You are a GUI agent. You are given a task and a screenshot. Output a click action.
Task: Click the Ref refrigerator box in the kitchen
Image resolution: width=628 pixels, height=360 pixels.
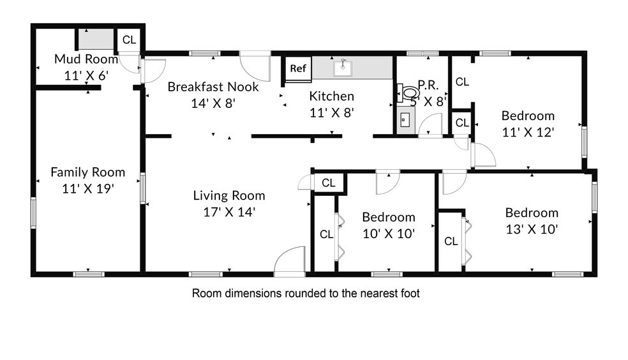pos(298,68)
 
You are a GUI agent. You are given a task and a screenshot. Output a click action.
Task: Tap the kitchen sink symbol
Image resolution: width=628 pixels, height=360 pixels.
pos(343,68)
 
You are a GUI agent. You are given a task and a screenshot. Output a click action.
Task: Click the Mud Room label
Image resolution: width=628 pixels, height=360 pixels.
pos(86,59)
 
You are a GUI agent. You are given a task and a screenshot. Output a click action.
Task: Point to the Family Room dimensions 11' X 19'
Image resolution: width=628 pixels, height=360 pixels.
pos(88,188)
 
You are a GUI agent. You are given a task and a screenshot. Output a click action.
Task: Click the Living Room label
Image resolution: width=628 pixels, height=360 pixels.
pos(229,195)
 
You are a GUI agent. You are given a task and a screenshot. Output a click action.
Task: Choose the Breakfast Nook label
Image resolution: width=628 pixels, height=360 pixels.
pos(213,87)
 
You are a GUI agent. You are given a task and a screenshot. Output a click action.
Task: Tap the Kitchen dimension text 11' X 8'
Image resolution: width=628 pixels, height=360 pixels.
pos(332,113)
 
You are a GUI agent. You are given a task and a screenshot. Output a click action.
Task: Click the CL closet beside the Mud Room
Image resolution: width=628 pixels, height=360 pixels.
pos(129,40)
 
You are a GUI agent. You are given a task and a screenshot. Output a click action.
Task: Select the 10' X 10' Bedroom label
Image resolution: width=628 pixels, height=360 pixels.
pos(389,217)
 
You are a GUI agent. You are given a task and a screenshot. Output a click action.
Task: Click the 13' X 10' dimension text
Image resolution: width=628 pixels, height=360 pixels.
pos(532,229)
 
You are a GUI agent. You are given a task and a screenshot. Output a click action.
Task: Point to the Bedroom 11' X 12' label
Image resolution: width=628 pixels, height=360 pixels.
pos(528,116)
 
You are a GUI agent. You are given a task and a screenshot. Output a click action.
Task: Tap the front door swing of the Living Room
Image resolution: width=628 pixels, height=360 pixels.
pos(290,260)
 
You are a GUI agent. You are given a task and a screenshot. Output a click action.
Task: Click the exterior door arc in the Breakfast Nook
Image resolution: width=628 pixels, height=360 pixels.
pos(255,66)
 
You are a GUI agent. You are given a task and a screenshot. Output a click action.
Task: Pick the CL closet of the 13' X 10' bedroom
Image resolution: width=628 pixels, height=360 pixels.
pos(451,241)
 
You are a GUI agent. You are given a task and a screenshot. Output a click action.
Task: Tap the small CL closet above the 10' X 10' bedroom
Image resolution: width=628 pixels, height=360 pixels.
pos(329,183)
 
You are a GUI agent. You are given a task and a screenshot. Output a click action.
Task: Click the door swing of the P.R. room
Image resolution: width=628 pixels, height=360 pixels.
pos(430,126)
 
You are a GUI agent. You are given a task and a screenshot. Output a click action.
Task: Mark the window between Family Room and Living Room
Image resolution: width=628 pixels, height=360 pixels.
pos(142,188)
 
